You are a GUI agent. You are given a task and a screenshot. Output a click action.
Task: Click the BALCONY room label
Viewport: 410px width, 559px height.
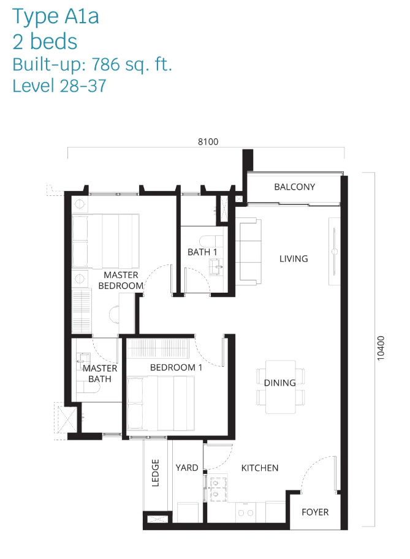(x=294, y=187)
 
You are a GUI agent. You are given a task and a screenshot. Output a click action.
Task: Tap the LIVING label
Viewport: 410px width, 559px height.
(x=294, y=259)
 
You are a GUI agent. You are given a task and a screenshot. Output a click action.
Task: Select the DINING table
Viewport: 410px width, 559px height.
(x=281, y=387)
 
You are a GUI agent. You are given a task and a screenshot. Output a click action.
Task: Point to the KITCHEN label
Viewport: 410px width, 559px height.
(x=260, y=468)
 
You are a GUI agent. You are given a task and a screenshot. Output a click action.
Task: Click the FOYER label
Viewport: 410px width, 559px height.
(x=315, y=512)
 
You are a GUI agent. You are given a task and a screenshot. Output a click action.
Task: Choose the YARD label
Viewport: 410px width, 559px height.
(x=187, y=468)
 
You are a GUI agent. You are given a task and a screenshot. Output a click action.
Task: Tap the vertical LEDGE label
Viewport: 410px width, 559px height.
(x=155, y=473)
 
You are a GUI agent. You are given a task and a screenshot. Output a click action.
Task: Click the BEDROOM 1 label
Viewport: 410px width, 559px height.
(x=176, y=367)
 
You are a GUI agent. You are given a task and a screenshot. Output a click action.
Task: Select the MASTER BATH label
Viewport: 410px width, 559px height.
(x=100, y=373)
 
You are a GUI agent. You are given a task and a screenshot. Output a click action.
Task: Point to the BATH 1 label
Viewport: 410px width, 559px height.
(x=202, y=252)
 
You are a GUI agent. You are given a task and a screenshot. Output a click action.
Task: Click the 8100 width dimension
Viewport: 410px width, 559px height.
(x=208, y=141)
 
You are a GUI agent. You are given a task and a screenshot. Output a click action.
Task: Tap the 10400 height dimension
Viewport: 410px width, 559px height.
(x=381, y=348)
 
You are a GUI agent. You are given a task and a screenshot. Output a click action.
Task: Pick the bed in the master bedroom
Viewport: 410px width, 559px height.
(x=105, y=241)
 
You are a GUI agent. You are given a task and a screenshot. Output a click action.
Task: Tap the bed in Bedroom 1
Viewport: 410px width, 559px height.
(x=161, y=403)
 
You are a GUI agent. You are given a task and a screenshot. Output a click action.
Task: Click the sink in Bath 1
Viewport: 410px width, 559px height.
(x=216, y=267)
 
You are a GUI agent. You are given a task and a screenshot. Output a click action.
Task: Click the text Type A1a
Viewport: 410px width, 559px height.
(x=56, y=17)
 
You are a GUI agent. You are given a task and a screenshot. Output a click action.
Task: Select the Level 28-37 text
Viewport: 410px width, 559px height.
(x=59, y=86)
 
